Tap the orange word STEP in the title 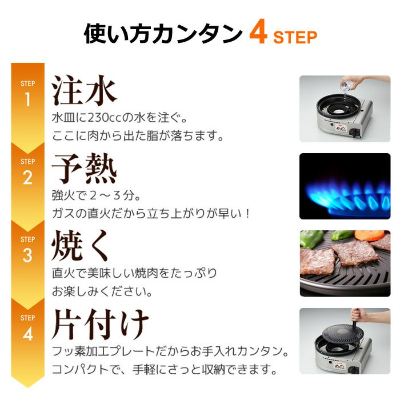pyautogui.click(x=295, y=37)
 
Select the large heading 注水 pyautogui.click(x=84, y=90)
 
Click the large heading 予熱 pyautogui.click(x=84, y=169)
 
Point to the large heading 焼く pyautogui.click(x=80, y=245)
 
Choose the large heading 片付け pyautogui.click(x=100, y=324)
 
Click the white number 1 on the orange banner pyautogui.click(x=27, y=99)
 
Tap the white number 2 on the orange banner pyautogui.click(x=27, y=177)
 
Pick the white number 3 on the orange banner pyautogui.click(x=27, y=255)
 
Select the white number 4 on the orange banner pyautogui.click(x=27, y=334)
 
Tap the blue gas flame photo pyautogui.click(x=345, y=186)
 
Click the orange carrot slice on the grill pyautogui.click(x=369, y=235)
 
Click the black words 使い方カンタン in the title pyautogui.click(x=163, y=34)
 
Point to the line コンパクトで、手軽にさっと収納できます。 pyautogui.click(x=165, y=369)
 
